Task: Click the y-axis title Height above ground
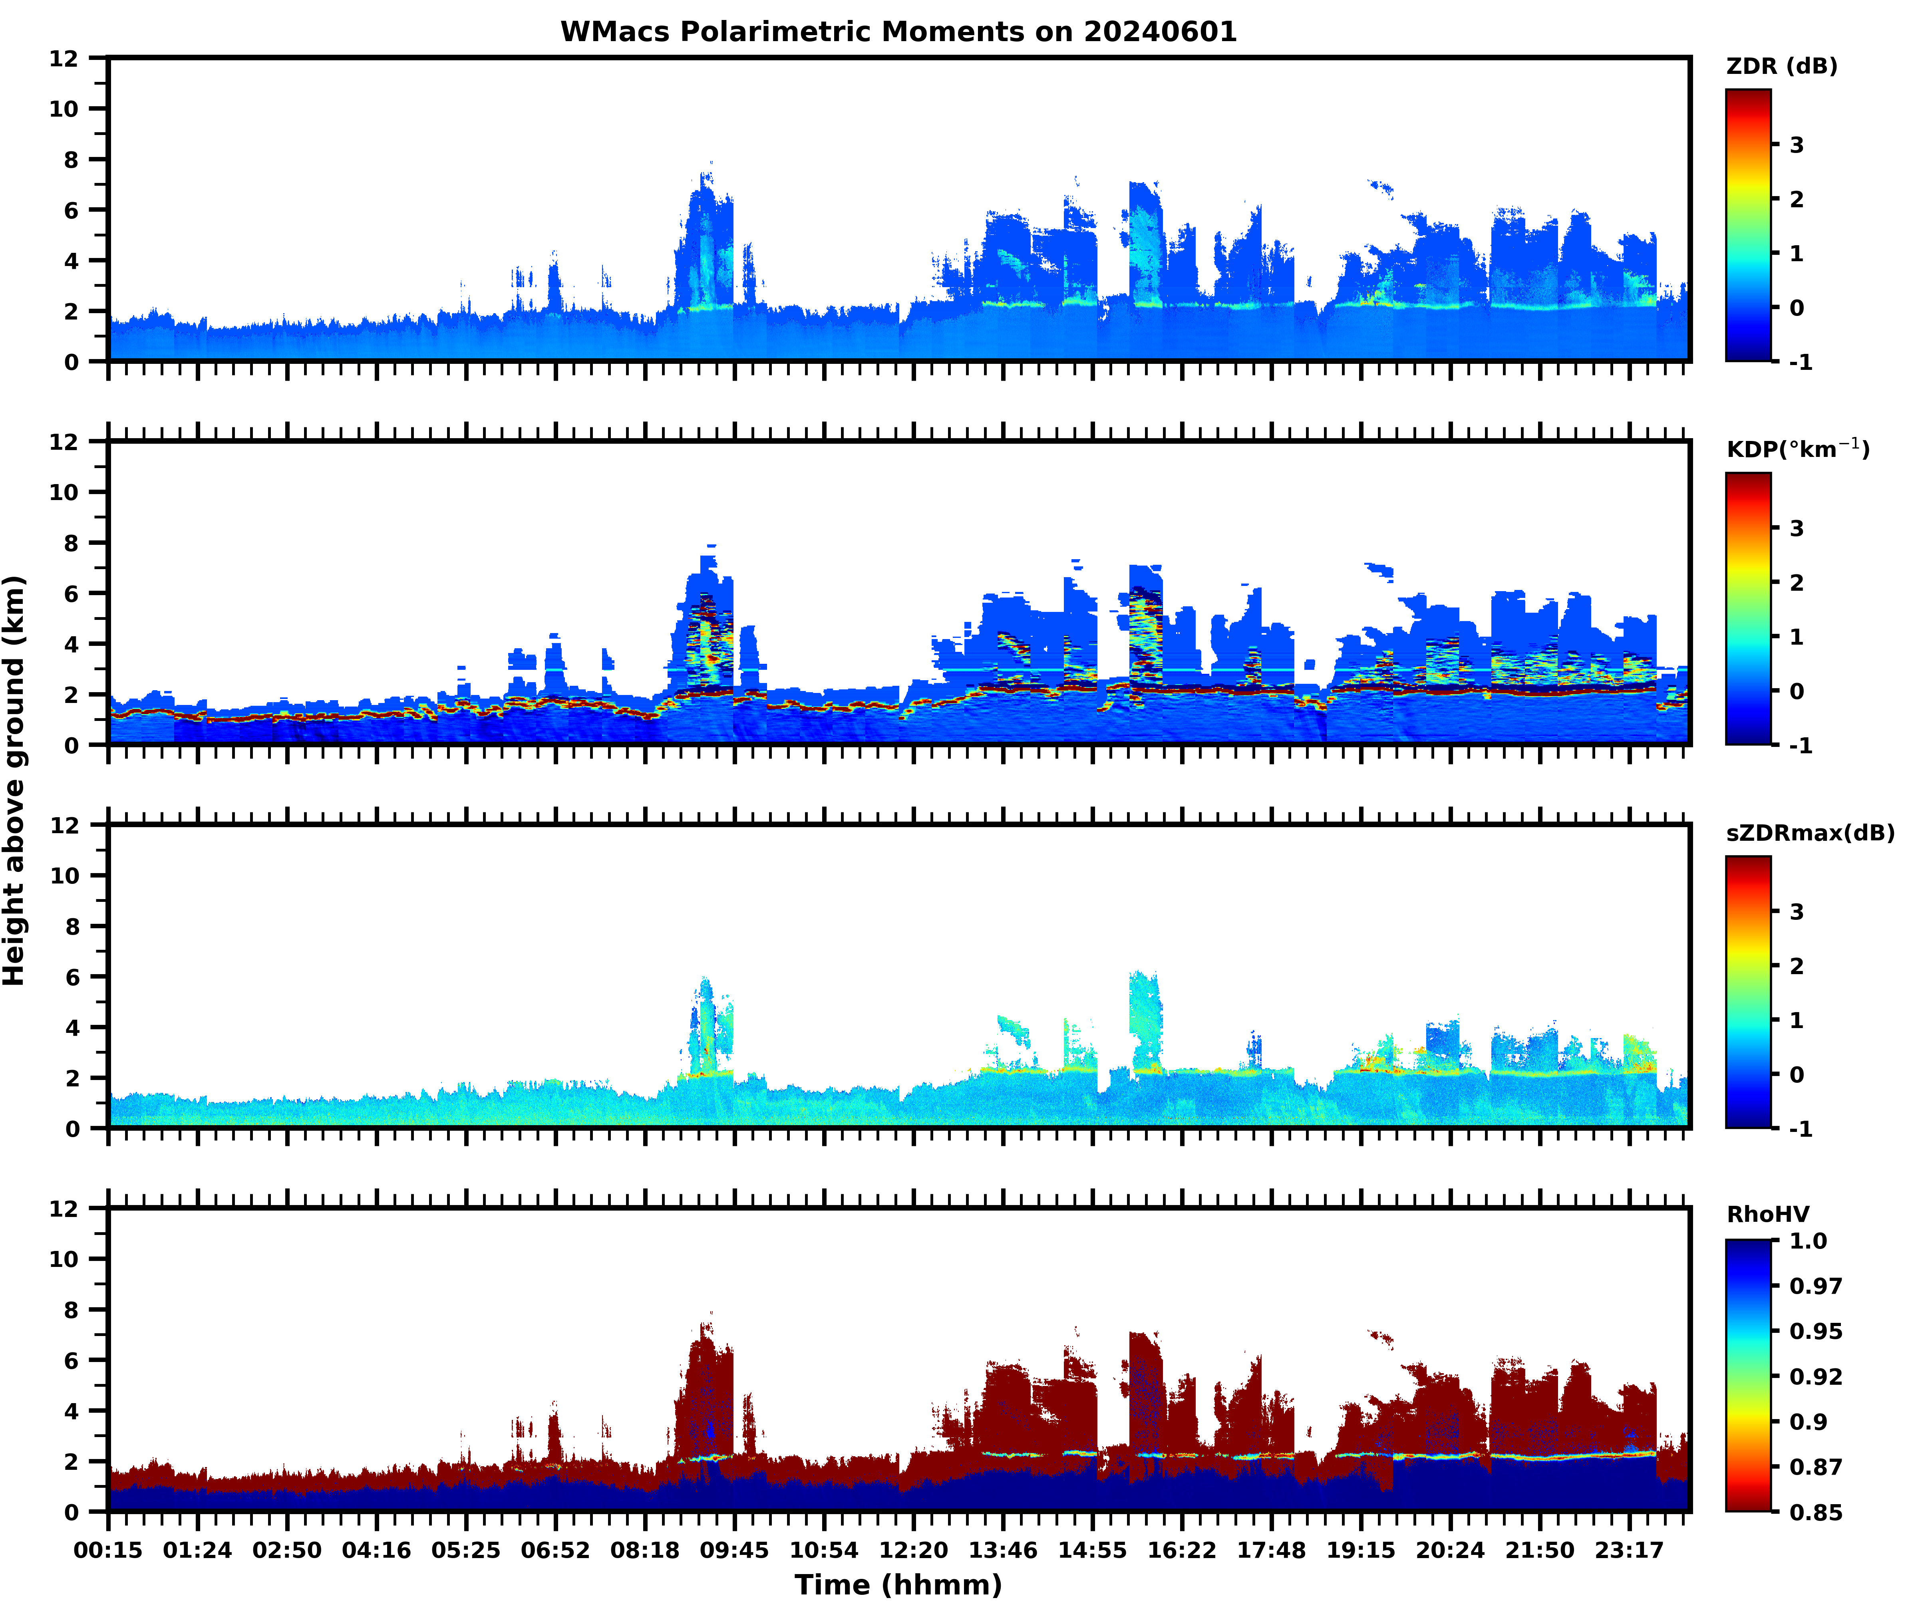tap(15, 780)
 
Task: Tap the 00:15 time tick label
tap(108, 1550)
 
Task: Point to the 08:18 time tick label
tap(645, 1550)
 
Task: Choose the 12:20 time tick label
tap(913, 1550)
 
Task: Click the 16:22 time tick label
tap(1181, 1550)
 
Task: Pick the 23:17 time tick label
tap(1628, 1550)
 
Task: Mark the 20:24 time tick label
tap(1449, 1550)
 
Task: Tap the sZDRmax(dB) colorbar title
tap(1809, 833)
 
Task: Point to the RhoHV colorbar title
tap(1767, 1215)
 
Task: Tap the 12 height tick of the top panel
tap(64, 59)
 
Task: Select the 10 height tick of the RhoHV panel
tap(64, 1259)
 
